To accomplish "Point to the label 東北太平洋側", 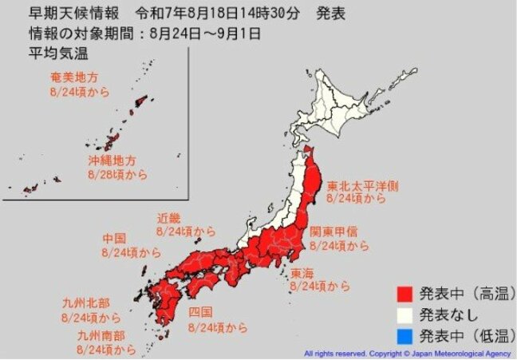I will (363, 186).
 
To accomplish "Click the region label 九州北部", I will (85, 303).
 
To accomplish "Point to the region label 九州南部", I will (100, 336).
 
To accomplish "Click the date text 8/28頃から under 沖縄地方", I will (116, 172).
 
